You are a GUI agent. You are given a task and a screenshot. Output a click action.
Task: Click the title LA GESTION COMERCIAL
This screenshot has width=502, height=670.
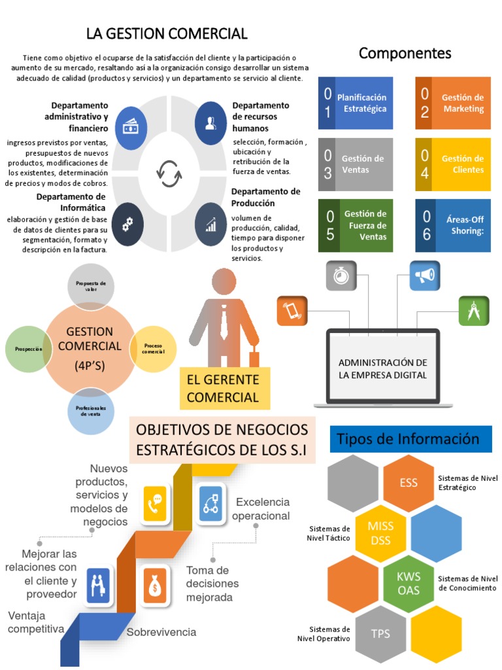(x=167, y=33)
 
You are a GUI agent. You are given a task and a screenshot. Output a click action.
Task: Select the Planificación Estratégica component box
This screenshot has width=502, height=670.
(x=356, y=103)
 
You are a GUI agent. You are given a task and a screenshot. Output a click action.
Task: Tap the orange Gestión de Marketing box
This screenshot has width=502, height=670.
(x=453, y=103)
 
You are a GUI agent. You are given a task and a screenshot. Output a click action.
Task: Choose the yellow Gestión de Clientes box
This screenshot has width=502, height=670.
(x=453, y=164)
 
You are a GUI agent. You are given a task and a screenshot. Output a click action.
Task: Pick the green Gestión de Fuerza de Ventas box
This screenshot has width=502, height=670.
(x=356, y=225)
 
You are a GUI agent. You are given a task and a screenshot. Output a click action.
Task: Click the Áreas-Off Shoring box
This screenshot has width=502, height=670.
(x=453, y=225)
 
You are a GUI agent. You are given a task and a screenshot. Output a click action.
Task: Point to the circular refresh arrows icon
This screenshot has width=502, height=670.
(x=169, y=173)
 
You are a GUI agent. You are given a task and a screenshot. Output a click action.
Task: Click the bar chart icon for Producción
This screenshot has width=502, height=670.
(x=210, y=224)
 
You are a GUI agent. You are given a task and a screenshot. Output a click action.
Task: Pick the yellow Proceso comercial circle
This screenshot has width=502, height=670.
(x=154, y=349)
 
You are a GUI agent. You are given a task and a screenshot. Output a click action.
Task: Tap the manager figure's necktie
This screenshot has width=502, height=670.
(x=224, y=321)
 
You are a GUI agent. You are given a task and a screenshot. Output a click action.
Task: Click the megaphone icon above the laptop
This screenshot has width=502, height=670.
(x=426, y=276)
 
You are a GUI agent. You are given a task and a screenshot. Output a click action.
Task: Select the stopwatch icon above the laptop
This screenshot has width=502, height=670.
(x=341, y=275)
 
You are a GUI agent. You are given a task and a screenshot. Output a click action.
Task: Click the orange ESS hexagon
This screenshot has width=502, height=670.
(x=409, y=483)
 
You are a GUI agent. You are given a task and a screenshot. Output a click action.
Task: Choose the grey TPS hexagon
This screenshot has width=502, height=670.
(x=380, y=633)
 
